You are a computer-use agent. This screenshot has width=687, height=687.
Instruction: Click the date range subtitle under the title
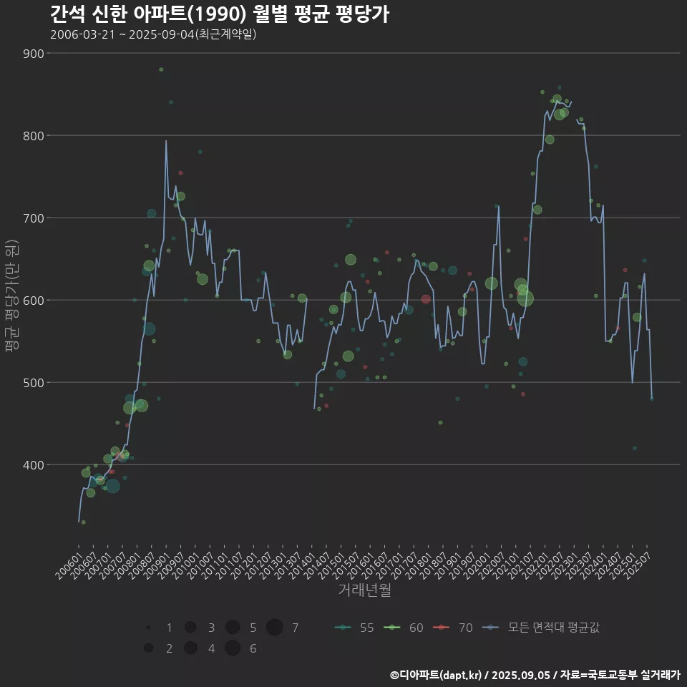153,34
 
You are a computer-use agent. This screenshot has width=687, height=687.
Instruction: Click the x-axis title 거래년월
364,590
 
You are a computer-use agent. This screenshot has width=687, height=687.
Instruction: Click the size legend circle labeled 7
274,628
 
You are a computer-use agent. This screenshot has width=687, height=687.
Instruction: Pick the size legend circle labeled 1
148,628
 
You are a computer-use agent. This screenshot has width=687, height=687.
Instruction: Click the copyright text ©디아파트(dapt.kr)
438,675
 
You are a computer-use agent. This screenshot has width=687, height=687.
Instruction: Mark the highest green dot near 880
161,69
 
